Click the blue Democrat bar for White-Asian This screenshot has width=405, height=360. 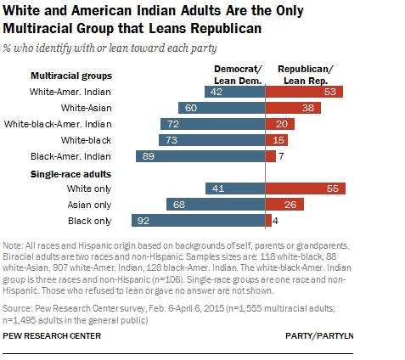pyautogui.click(x=222, y=108)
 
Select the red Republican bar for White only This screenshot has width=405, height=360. pyautogui.click(x=306, y=188)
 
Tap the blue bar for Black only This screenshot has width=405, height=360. pyautogui.click(x=199, y=221)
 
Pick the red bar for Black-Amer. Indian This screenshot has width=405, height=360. pyautogui.click(x=271, y=156)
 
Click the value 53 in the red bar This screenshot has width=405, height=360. pyautogui.click(x=330, y=92)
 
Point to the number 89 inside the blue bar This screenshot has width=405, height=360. pyautogui.click(x=149, y=156)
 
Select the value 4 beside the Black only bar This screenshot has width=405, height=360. pyautogui.click(x=275, y=221)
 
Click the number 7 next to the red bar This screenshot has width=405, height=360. pyautogui.click(x=281, y=156)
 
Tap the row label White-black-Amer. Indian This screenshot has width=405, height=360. pyautogui.click(x=58, y=124)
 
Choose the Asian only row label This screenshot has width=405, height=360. pyautogui.click(x=89, y=205)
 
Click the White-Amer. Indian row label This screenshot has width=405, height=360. pyautogui.click(x=70, y=92)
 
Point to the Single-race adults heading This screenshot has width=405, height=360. pyautogui.click(x=70, y=174)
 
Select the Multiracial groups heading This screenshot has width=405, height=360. pyautogui.click(x=71, y=76)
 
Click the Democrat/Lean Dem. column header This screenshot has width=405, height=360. pyautogui.click(x=238, y=75)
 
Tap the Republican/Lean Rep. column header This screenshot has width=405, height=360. pyautogui.click(x=306, y=75)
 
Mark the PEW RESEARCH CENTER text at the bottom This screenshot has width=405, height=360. pyautogui.click(x=52, y=336)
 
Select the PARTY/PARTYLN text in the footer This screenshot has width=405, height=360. pyautogui.click(x=319, y=336)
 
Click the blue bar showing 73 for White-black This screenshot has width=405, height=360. pyautogui.click(x=212, y=140)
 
